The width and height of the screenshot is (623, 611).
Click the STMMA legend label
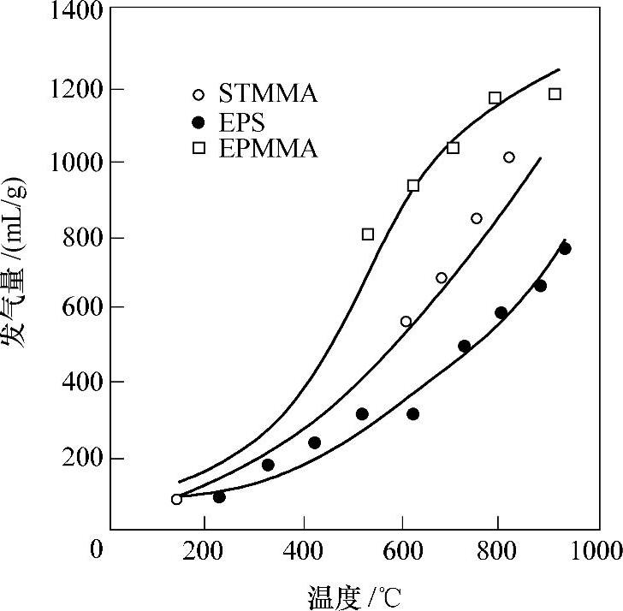point(268,94)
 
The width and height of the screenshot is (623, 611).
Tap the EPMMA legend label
point(268,149)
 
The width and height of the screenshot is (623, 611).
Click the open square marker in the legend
point(199,148)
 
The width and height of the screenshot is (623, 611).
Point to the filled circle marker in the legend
point(199,121)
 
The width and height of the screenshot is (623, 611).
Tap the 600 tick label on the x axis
point(403,549)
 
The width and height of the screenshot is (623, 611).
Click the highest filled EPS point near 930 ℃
point(565,248)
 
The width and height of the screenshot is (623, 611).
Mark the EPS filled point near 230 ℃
point(219,497)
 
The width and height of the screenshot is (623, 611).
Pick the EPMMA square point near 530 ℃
point(368,234)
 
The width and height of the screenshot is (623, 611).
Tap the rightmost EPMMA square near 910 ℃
point(555,93)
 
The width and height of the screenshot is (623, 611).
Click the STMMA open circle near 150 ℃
point(176,499)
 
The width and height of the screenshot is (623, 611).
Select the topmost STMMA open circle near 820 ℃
point(509,157)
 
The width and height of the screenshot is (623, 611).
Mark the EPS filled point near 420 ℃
point(314,442)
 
